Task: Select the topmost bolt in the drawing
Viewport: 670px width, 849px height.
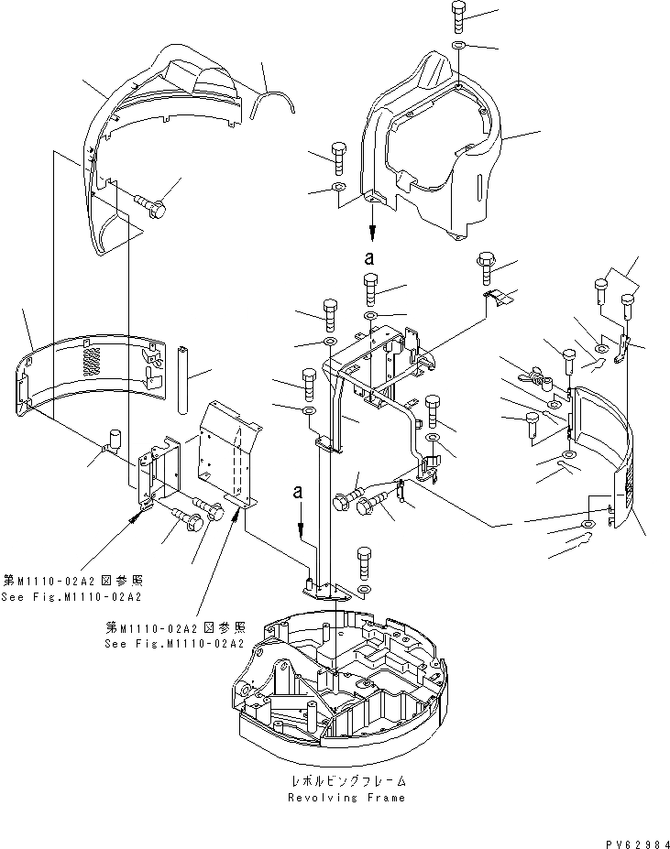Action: [x=459, y=16]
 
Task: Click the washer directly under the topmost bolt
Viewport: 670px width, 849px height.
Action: [x=459, y=45]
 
